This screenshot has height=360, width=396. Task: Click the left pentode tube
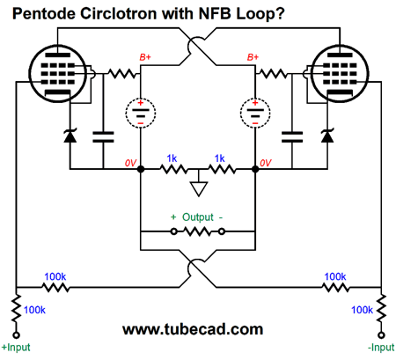point(58,73)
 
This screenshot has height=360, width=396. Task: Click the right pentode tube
point(340,73)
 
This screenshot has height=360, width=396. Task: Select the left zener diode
point(70,136)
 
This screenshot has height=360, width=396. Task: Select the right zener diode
point(327,136)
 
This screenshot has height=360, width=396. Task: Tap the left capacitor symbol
point(103,137)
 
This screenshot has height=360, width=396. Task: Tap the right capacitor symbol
point(292,137)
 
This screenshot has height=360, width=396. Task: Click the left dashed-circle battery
point(141,114)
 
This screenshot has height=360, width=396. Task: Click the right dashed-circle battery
point(255,114)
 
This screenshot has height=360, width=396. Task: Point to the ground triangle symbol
point(199,188)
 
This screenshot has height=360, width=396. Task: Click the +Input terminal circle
point(17,334)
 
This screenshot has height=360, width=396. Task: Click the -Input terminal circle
point(381,334)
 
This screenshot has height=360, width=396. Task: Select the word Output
point(198,217)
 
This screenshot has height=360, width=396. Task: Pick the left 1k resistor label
point(172,158)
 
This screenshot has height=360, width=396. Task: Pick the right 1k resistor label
point(219,158)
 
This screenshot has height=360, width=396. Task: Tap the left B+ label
point(145,57)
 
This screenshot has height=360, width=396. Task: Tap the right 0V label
point(266,163)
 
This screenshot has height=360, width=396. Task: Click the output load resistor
point(198,231)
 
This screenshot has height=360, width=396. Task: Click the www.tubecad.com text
point(193,329)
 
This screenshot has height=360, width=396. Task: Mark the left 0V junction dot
point(141,169)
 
